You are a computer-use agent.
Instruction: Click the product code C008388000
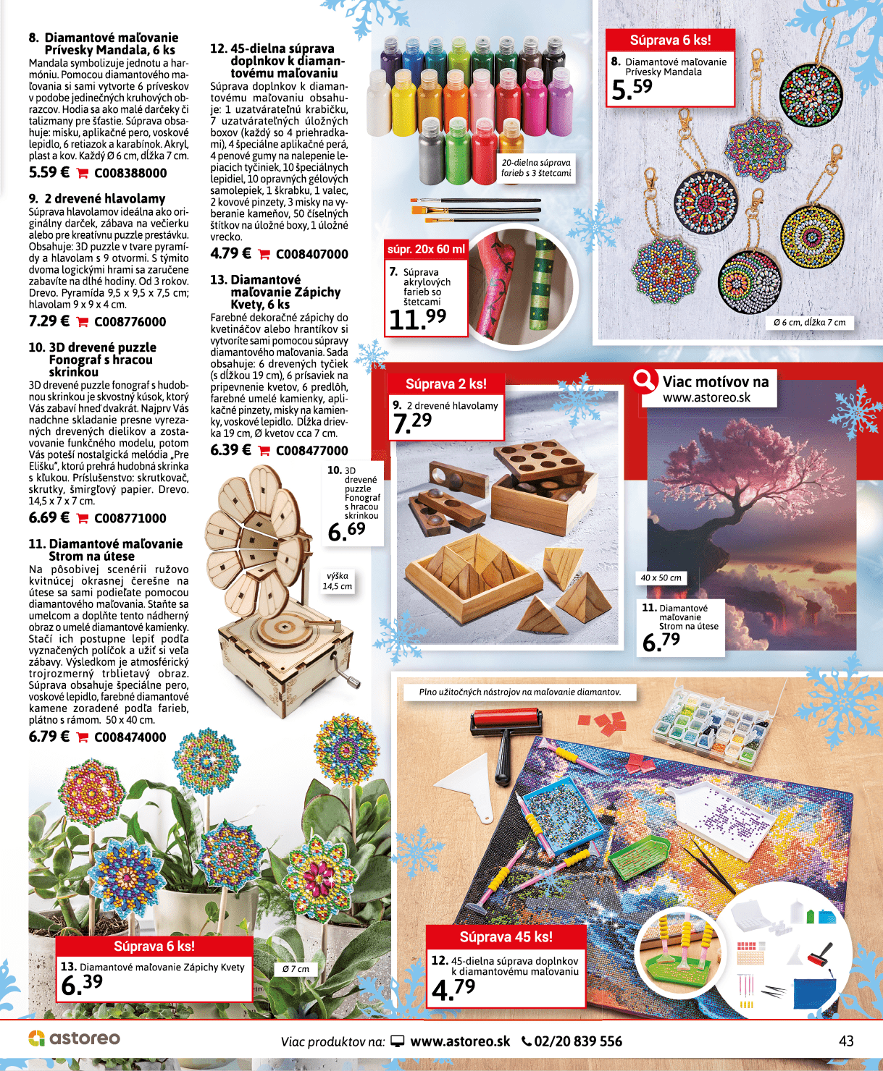pyautogui.click(x=130, y=173)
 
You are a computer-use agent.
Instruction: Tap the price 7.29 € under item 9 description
pyautogui.click(x=49, y=321)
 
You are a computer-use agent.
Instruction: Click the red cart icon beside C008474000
pyautogui.click(x=83, y=737)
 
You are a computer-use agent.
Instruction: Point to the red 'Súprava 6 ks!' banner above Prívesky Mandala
pyautogui.click(x=670, y=40)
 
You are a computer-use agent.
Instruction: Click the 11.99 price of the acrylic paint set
pyautogui.click(x=417, y=318)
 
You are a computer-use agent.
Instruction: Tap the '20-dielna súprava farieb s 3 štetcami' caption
pyautogui.click(x=536, y=168)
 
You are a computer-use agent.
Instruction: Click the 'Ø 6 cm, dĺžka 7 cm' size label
pyautogui.click(x=809, y=323)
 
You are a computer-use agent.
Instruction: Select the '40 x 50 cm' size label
pyautogui.click(x=661, y=577)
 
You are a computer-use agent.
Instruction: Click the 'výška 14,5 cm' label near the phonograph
pyautogui.click(x=338, y=581)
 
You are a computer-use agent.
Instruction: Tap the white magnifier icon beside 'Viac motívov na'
pyautogui.click(x=643, y=378)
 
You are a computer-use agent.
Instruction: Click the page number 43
pyautogui.click(x=846, y=1041)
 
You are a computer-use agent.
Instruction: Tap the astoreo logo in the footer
pyautogui.click(x=74, y=1038)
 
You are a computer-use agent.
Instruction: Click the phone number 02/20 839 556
pyautogui.click(x=572, y=1041)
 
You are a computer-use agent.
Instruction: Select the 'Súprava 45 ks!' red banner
pyautogui.click(x=506, y=937)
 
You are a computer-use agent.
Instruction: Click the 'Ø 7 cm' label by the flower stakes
pyautogui.click(x=296, y=969)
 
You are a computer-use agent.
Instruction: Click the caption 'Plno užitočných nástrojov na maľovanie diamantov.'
pyautogui.click(x=519, y=692)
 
